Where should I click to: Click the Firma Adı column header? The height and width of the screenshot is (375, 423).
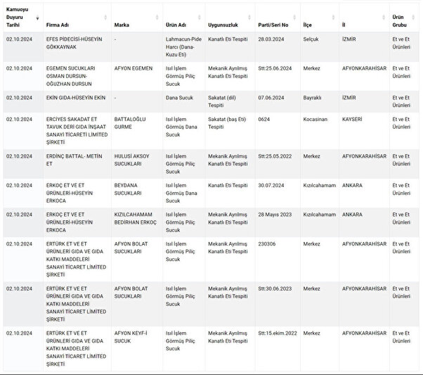58,23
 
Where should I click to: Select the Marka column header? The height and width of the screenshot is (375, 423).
122,23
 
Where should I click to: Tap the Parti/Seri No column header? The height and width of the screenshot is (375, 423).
273,23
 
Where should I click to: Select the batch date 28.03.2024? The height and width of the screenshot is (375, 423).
270,39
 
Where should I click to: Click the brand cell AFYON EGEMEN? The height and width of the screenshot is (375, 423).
133,68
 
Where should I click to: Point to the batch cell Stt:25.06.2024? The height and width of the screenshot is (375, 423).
275,68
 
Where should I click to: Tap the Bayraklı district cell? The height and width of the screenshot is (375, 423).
313,97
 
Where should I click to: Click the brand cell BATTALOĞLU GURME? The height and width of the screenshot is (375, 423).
130,122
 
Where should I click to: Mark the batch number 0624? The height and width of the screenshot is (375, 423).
263,119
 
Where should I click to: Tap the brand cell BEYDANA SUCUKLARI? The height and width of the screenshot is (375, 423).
131,189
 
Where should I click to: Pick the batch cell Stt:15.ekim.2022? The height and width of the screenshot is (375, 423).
277,333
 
